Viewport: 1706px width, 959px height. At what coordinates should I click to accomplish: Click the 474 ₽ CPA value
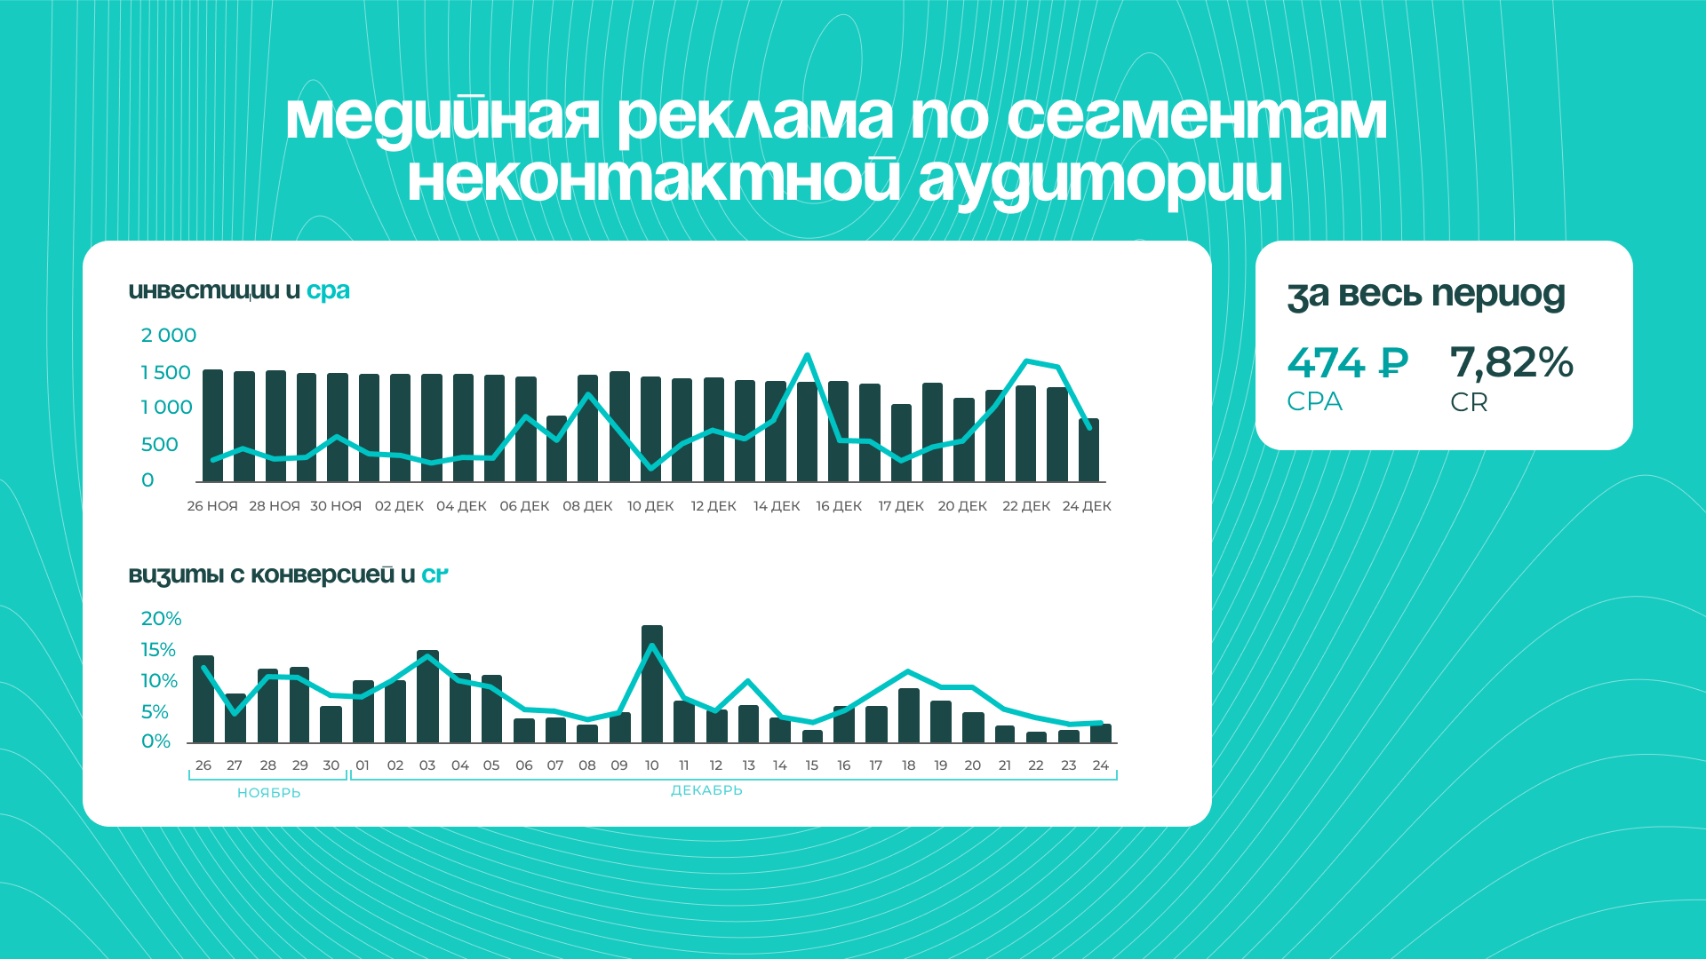pos(1347,362)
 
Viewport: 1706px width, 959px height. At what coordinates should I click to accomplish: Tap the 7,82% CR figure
pos(1511,363)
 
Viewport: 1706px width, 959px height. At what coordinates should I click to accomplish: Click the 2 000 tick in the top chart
pos(169,336)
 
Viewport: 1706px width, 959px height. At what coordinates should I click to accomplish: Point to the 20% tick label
pos(161,619)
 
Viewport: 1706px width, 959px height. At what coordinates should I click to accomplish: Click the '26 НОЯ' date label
pos(212,506)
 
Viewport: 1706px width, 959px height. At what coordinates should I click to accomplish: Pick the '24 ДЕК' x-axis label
pos(1087,506)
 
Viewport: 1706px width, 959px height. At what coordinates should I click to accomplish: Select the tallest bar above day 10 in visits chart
pos(652,684)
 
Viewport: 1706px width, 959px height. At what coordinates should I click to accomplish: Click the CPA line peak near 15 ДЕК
pos(807,355)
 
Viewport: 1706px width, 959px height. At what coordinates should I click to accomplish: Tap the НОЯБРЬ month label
pos(269,793)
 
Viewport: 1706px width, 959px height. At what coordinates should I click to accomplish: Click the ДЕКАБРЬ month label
pos(706,790)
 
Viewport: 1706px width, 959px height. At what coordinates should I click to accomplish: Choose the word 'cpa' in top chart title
pos(328,291)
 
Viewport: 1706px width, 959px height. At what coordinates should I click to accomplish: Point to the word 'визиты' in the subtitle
pos(176,575)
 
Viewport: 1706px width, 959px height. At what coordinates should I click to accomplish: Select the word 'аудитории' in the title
pos(1100,180)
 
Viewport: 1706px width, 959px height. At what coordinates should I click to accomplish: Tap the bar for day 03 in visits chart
pos(427,696)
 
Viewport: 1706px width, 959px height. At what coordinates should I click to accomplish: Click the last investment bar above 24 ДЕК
pos(1088,450)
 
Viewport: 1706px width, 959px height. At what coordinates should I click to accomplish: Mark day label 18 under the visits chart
pos(908,765)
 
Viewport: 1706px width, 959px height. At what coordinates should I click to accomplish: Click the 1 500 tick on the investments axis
pos(166,373)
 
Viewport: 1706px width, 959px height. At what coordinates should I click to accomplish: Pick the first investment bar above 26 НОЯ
pos(213,426)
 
